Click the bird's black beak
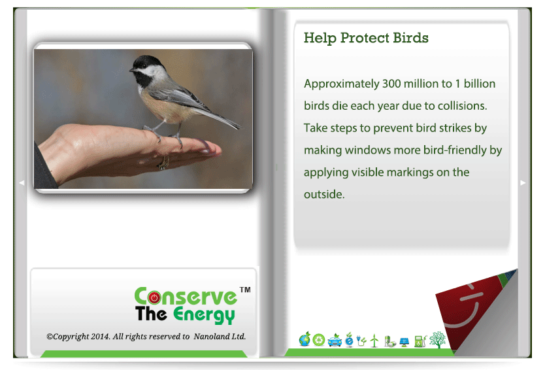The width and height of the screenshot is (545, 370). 132,70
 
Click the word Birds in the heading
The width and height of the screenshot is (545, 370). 411,38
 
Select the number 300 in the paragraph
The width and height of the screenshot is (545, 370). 391,84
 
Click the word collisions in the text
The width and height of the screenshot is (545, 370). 462,106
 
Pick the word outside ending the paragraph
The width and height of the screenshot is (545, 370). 323,194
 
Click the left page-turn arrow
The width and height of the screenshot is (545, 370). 22,182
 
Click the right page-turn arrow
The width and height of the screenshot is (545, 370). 523,182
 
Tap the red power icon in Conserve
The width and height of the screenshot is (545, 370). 154,297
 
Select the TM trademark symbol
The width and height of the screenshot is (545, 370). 245,290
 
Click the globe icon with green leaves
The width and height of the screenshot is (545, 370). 305,339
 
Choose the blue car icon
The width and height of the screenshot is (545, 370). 335,341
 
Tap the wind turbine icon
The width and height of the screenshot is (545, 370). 374,341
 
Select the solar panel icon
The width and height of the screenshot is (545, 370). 405,342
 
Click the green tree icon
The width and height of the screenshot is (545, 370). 438,339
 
